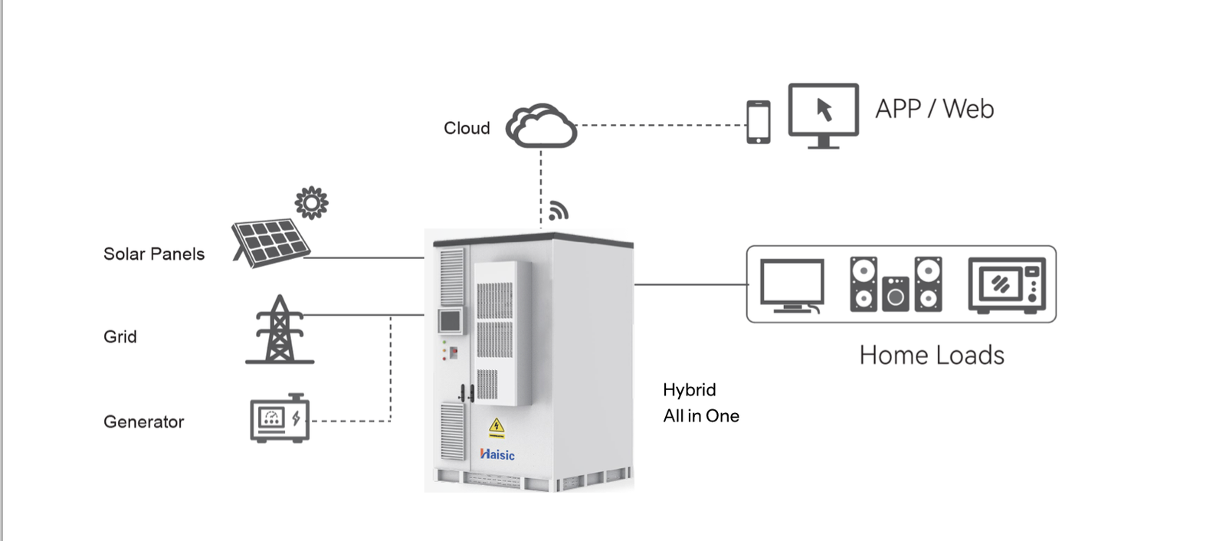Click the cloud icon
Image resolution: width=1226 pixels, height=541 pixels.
tap(541, 126)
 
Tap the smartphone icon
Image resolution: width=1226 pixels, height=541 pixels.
tap(758, 122)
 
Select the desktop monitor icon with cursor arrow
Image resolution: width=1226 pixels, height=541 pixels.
tap(823, 115)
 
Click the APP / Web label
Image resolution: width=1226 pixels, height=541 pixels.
tap(934, 109)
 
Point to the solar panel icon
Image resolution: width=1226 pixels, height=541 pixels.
tap(270, 243)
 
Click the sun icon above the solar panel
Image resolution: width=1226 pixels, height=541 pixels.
tap(311, 203)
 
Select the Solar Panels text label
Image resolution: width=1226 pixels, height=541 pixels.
tap(154, 254)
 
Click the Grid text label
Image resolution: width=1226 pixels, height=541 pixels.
tap(120, 337)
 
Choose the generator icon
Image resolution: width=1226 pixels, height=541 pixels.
tap(280, 418)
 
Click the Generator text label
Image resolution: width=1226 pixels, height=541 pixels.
tap(144, 422)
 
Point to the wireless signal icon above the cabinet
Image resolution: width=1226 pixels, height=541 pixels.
tap(559, 211)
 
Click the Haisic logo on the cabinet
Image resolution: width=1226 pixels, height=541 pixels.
tap(497, 454)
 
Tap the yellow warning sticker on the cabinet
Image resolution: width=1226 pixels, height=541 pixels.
tap(497, 428)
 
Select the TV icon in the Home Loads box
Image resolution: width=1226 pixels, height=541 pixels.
tap(792, 286)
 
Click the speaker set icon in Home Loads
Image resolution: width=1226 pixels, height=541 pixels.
tap(896, 284)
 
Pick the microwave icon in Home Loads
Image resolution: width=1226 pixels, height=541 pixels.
tap(1007, 286)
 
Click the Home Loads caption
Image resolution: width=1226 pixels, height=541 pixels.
tap(931, 356)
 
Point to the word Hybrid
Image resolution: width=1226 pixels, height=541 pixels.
tap(690, 390)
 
